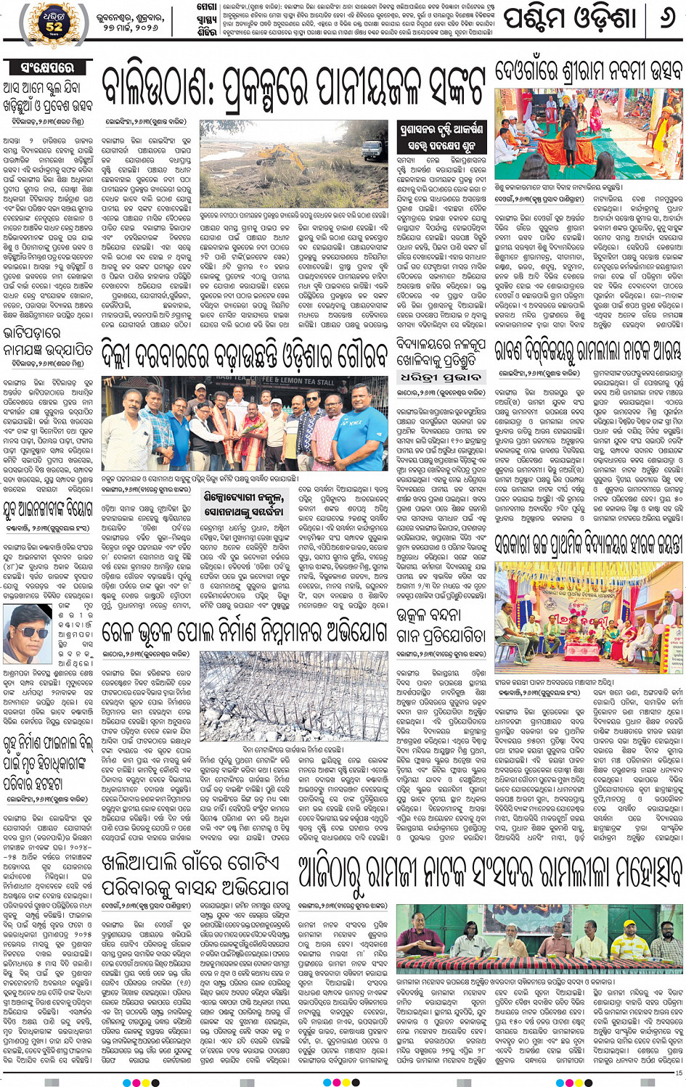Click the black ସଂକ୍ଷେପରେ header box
click(x=48, y=67)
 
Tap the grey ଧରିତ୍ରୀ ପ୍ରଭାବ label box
click(x=433, y=377)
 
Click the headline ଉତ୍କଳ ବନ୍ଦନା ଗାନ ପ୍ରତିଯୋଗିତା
click(x=441, y=625)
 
